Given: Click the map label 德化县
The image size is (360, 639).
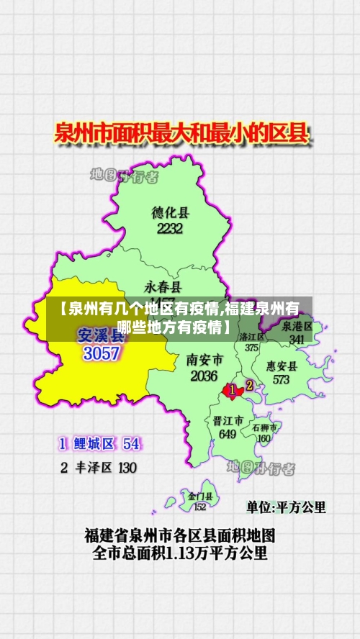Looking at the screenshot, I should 170,212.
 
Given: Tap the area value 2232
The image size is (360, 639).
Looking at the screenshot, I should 170,229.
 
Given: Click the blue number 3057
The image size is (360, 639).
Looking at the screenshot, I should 102,353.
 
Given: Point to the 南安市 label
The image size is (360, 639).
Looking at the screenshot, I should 204,359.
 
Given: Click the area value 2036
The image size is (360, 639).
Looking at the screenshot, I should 204,376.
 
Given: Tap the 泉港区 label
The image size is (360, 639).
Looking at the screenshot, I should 297,326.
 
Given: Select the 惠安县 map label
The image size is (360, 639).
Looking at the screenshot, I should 282,365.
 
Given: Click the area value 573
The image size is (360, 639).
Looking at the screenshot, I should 281,379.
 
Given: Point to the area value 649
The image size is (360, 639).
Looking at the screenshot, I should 228,434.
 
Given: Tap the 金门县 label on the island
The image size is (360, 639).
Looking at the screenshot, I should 200,497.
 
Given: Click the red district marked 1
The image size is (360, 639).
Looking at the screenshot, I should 232,391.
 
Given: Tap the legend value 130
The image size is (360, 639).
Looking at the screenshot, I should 127,468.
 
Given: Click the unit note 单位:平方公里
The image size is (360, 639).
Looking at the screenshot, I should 286,507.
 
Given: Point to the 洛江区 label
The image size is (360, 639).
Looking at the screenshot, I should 252,336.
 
